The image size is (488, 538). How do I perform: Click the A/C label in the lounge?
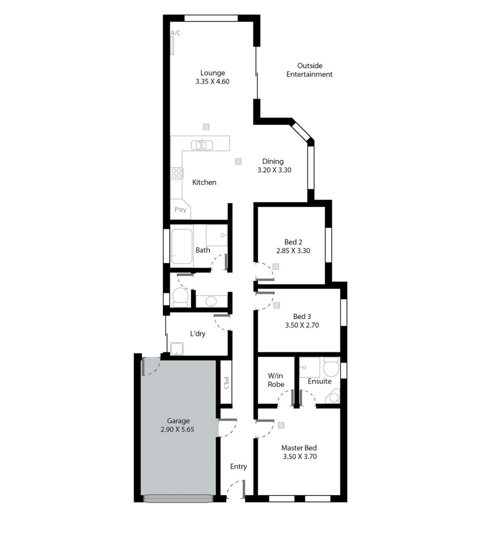tap(175, 33)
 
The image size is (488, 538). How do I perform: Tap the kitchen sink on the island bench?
tap(202, 145)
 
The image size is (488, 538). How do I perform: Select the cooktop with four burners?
tap(176, 173)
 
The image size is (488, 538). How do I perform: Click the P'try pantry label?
tap(180, 210)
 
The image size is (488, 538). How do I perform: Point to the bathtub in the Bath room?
tap(182, 246)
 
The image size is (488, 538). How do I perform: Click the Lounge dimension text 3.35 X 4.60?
tap(212, 81)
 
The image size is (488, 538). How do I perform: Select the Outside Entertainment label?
tap(310, 70)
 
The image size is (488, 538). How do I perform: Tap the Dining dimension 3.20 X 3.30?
tap(274, 170)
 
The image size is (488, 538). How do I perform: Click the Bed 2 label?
tap(293, 242)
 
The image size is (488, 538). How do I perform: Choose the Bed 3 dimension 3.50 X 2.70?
tap(302, 325)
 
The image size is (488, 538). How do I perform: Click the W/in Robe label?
tap(276, 380)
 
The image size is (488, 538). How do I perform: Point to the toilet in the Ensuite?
tap(331, 367)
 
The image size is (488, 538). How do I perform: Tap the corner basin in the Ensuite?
tap(333, 397)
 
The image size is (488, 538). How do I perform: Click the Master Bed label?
tap(299, 448)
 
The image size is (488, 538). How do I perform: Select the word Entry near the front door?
tap(238, 466)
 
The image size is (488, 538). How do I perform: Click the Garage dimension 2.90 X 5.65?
tap(177, 429)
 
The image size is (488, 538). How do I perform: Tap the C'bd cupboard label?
tap(227, 382)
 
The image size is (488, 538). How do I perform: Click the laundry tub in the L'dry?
tap(177, 349)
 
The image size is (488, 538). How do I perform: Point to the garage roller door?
tap(178, 498)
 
